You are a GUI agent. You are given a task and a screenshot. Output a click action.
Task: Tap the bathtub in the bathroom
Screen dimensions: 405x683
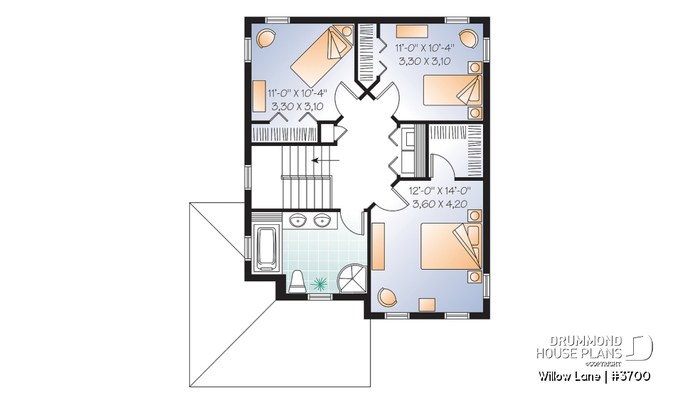point(268,249)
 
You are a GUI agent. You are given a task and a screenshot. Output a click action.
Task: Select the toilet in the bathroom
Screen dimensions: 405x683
point(298,281)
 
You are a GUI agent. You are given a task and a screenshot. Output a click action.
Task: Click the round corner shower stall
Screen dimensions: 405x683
point(351,278)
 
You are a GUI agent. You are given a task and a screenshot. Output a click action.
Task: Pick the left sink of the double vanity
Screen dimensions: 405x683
point(299,219)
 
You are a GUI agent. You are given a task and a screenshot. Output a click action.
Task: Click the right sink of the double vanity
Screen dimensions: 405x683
point(324,219)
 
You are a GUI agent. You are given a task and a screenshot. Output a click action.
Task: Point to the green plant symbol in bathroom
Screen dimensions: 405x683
point(321,283)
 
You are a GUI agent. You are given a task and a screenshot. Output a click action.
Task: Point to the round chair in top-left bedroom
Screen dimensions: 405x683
point(265,37)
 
